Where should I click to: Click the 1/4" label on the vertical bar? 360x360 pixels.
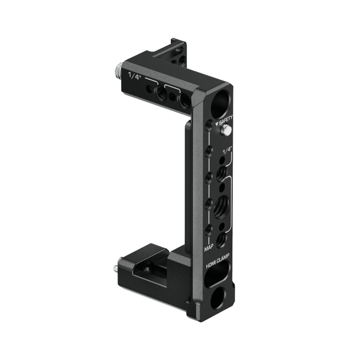(x=228, y=150)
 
